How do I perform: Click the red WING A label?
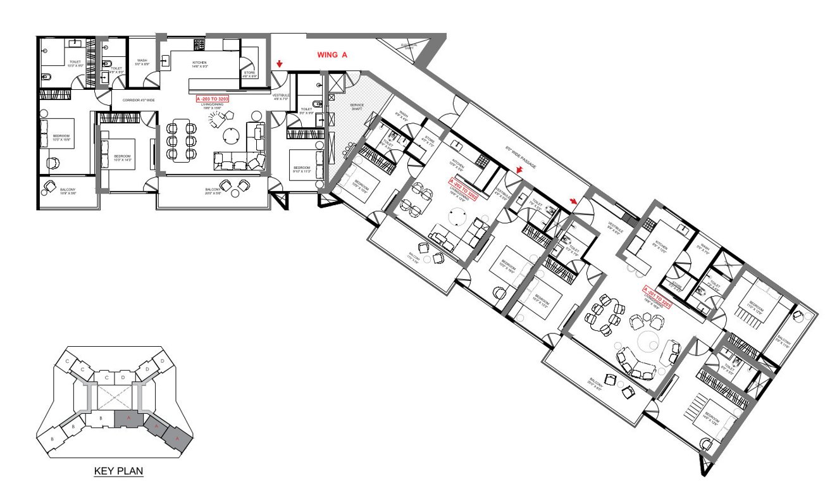coord(332,55)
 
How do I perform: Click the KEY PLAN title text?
coord(118,471)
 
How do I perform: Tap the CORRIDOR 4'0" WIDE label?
coord(135,100)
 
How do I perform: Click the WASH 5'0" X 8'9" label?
coord(142,62)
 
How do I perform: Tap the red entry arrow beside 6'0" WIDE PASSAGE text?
coord(520,170)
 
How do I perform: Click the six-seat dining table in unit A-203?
coord(182,140)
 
